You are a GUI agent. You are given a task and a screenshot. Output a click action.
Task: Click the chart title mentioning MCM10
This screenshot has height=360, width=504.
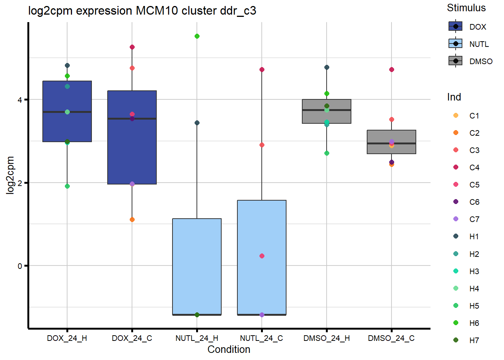(x=142, y=10)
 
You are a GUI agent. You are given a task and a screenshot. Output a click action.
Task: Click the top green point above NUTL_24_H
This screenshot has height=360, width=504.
(x=197, y=36)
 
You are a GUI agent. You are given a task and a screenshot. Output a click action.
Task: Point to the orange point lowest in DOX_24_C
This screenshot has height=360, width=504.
(x=132, y=220)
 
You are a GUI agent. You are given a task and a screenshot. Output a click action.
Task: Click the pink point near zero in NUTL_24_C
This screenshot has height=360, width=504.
(x=262, y=256)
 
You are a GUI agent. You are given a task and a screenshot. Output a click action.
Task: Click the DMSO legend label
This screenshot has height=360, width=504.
(x=481, y=61)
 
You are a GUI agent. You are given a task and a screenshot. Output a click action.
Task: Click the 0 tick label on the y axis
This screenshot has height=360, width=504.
(x=20, y=266)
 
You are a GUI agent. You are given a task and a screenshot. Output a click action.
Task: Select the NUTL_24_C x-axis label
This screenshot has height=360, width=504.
(x=261, y=338)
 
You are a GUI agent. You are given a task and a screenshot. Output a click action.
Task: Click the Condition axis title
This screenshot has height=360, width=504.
(x=229, y=349)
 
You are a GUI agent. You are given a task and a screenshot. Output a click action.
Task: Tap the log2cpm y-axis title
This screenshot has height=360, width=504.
(x=10, y=175)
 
